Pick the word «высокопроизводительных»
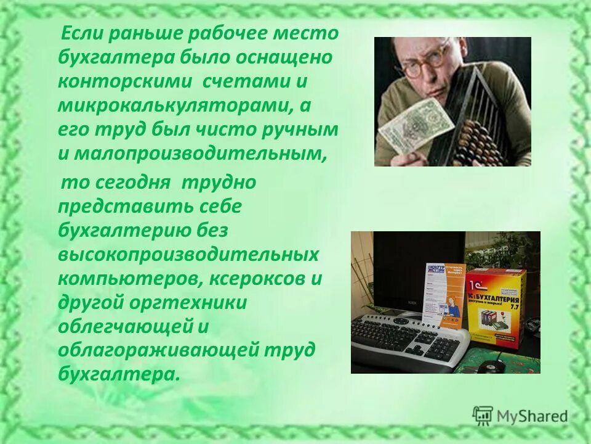point(188,255)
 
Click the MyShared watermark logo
point(520,416)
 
